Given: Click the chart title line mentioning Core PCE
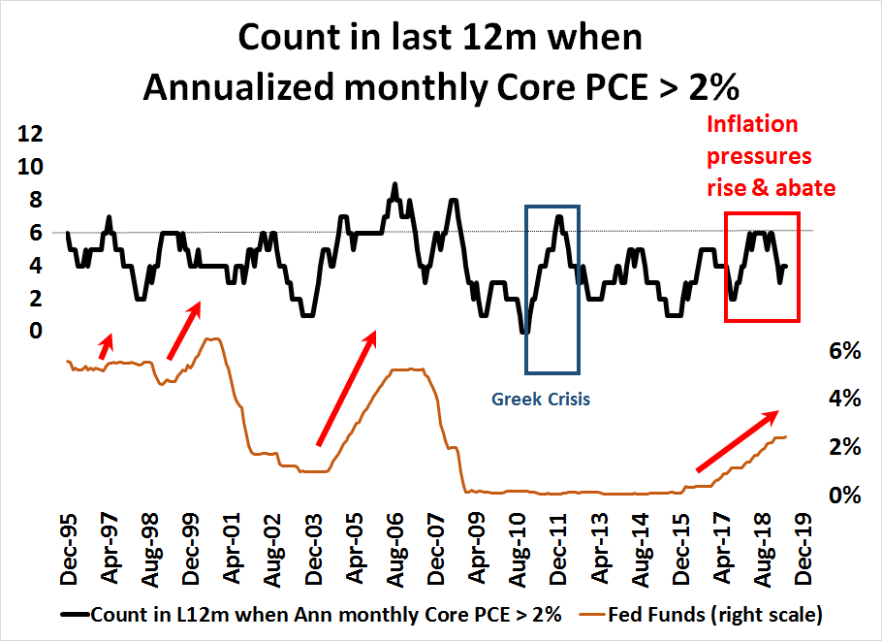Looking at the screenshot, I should tap(441, 86).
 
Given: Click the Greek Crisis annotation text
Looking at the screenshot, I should tap(540, 398).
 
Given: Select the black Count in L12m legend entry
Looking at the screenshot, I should tap(327, 615).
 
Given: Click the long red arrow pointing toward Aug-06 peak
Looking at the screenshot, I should tap(347, 388).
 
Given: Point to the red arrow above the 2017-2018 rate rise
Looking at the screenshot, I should tap(737, 442).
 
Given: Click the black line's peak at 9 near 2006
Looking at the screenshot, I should tap(394, 183).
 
